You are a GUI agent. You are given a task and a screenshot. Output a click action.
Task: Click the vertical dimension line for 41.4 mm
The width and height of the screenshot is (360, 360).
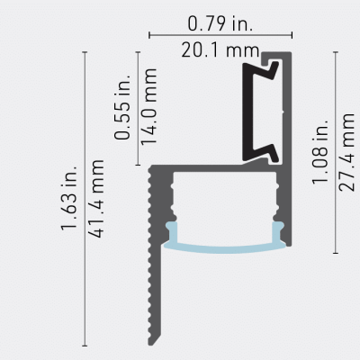point(84,198)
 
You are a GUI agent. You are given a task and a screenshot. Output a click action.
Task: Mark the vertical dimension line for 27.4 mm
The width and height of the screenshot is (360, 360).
point(335,153)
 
